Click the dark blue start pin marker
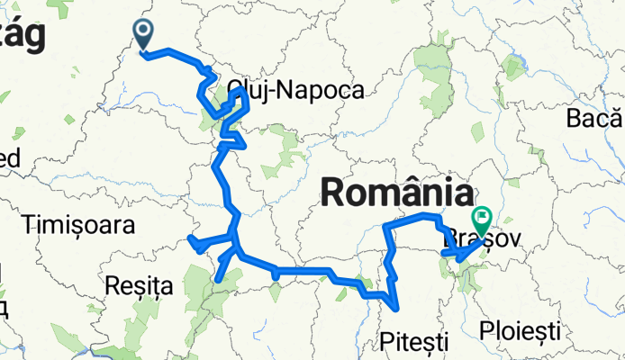tap(144, 34)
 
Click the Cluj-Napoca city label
tap(296, 90)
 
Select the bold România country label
tap(397, 193)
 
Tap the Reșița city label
tap(139, 286)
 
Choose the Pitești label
tap(414, 340)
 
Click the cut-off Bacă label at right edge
tap(594, 118)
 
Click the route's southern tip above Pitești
tap(397, 307)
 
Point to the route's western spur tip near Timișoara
tap(190, 238)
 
